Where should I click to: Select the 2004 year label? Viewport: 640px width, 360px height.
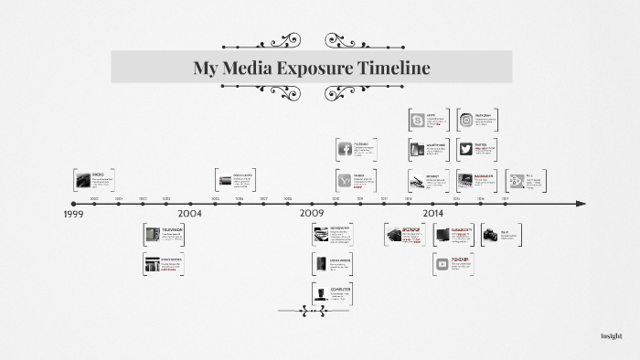tap(189, 213)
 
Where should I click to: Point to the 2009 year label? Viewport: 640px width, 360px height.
tap(313, 213)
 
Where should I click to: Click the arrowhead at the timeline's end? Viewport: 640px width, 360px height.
tap(581, 203)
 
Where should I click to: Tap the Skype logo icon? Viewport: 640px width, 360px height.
tap(417, 120)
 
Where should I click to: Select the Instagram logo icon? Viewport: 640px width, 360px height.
tap(466, 120)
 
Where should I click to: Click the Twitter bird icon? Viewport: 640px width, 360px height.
tap(466, 149)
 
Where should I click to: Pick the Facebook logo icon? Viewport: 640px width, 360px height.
tap(346, 149)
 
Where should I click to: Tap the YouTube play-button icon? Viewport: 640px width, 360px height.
tap(443, 264)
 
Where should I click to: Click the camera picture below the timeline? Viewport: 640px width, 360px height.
tap(490, 235)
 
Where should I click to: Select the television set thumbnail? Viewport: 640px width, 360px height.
tap(152, 235)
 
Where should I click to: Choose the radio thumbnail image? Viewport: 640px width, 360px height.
tap(83, 178)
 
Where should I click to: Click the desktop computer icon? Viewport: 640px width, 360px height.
tap(321, 292)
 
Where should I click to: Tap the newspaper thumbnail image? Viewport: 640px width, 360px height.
tap(321, 235)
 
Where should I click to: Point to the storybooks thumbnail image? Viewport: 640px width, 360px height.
tap(152, 264)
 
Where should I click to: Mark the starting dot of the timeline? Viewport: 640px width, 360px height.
tap(72, 203)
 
